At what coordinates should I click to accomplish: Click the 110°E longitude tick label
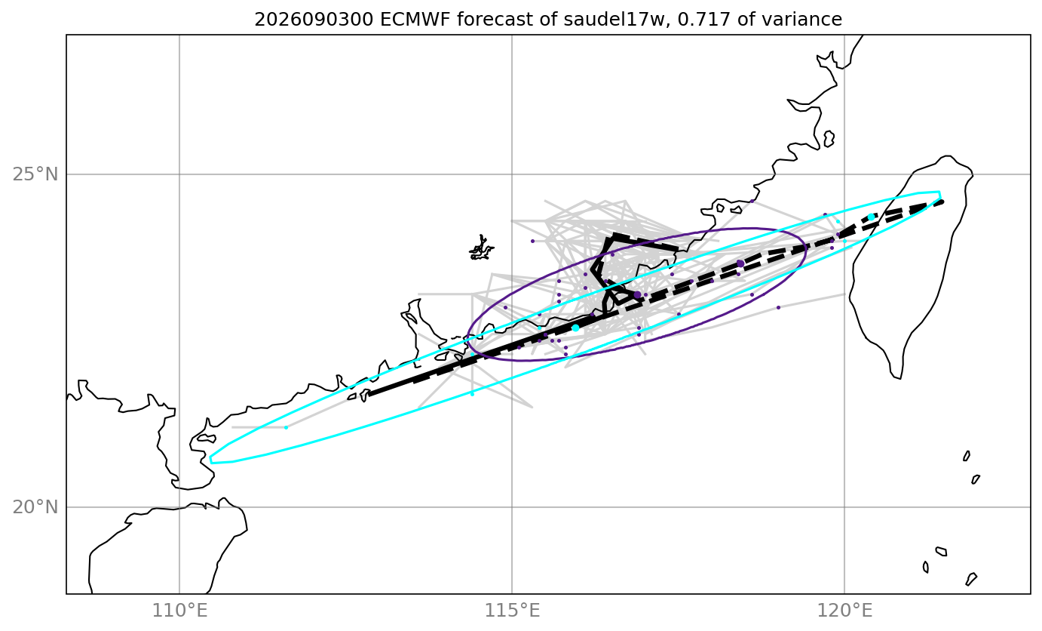(179, 610)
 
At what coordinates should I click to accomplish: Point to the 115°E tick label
(512, 610)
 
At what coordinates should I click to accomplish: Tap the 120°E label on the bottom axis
(844, 610)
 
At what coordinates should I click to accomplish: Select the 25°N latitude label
(35, 174)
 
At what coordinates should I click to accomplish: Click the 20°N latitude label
(35, 507)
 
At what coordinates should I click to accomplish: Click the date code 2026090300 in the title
(314, 20)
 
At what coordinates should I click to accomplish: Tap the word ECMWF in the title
(416, 20)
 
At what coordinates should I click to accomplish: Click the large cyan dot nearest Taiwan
(871, 217)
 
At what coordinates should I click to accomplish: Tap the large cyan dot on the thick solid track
(575, 328)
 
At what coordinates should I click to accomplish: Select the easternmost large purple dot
(740, 263)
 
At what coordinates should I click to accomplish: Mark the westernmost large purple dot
(637, 295)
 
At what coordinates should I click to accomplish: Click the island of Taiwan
(912, 266)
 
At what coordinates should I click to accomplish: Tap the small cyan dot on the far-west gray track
(286, 427)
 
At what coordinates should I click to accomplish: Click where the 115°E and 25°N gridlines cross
(512, 174)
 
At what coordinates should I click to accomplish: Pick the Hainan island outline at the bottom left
(167, 545)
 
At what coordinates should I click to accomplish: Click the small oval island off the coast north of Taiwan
(829, 139)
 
